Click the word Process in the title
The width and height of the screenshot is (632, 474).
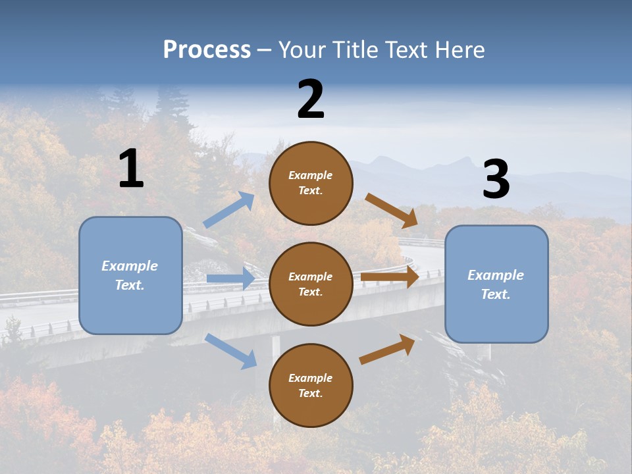click(x=207, y=50)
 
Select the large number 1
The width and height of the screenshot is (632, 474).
click(x=131, y=169)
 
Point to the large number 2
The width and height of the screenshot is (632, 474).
click(x=311, y=99)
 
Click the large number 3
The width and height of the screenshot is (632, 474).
click(x=496, y=180)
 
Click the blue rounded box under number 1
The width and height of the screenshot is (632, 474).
click(x=130, y=275)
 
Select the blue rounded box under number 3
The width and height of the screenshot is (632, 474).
click(x=496, y=284)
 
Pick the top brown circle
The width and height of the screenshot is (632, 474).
click(x=311, y=183)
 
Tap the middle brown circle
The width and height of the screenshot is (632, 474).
click(x=311, y=284)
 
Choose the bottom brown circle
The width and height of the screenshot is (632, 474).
click(x=311, y=385)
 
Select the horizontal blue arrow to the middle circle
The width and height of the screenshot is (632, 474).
click(x=230, y=278)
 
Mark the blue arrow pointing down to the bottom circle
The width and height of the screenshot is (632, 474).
click(x=230, y=351)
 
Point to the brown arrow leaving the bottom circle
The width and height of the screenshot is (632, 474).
click(x=387, y=350)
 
